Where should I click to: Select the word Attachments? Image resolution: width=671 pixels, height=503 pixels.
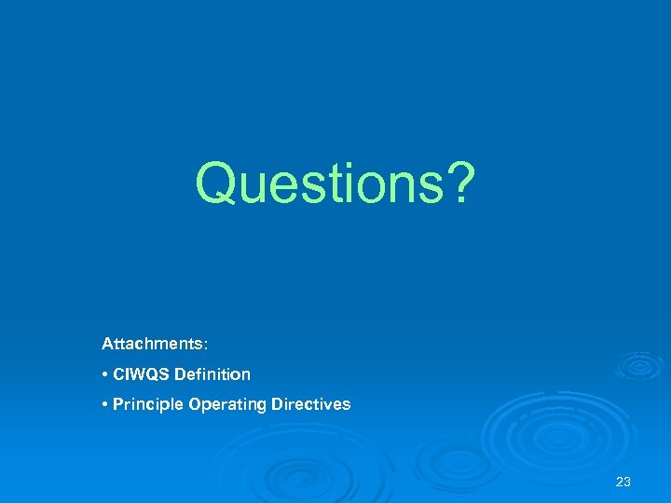(152, 344)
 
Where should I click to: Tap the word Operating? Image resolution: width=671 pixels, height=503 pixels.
(226, 404)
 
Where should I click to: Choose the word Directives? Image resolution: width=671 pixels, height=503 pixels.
(310, 404)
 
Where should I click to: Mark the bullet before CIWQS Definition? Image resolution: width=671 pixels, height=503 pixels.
(105, 374)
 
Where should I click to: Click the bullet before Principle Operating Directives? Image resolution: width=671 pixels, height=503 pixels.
(105, 404)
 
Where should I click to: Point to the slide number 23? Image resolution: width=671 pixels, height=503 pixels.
(623, 482)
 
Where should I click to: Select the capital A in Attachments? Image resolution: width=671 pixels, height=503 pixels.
(107, 344)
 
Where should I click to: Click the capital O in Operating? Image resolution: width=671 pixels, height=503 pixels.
(195, 404)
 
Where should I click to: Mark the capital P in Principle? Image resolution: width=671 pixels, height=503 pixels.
(117, 404)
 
